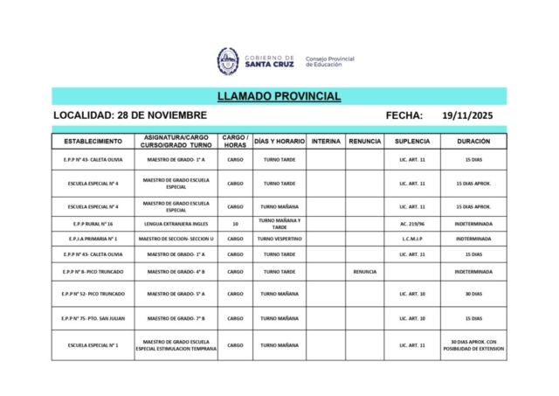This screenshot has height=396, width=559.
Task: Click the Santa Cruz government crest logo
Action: point(228,60)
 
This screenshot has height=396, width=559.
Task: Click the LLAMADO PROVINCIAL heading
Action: point(279,96)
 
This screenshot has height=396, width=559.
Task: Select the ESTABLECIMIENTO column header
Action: point(93,141)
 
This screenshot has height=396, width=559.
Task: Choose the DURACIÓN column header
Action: point(473,141)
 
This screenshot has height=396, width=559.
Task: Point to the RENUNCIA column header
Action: point(364,141)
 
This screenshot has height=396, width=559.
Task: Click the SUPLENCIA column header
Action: point(411,141)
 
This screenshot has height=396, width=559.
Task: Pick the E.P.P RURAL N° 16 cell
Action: point(93,224)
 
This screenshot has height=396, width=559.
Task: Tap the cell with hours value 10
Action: point(235,224)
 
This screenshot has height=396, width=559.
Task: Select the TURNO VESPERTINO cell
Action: point(279,239)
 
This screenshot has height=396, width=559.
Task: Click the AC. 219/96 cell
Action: point(411,224)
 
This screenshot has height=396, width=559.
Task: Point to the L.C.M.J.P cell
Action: point(411,239)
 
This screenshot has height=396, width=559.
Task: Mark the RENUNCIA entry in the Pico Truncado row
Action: point(364,271)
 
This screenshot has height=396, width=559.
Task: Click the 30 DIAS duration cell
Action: point(473,295)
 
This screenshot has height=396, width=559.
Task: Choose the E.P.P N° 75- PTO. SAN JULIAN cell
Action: point(93,318)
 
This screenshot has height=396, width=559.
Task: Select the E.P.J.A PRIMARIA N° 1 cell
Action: point(93,239)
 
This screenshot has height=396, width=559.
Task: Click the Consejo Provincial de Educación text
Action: point(329,61)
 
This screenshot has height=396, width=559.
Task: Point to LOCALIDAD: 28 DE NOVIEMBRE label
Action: point(130,115)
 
